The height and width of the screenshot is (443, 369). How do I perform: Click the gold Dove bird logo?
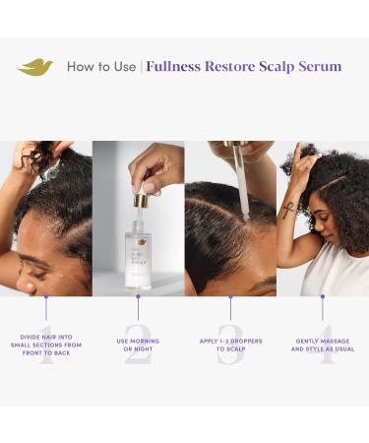click(x=35, y=67)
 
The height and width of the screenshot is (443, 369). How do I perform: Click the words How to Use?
click(x=101, y=67)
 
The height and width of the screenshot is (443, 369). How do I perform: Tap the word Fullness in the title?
click(x=179, y=67)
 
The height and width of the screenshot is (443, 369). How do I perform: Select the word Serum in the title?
click(x=317, y=67)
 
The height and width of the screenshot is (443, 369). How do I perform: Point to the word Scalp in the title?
click(x=272, y=67)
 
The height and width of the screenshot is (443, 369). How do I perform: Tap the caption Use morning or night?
click(x=138, y=345)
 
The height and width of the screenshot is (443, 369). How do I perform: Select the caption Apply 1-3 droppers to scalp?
click(x=229, y=345)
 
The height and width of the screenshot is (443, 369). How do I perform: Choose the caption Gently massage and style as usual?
click(x=322, y=345)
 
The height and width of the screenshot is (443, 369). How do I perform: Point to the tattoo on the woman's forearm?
click(x=288, y=210)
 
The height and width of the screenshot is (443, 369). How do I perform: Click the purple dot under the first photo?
click(x=46, y=293)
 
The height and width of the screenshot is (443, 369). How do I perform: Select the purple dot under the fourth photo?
click(x=322, y=293)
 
